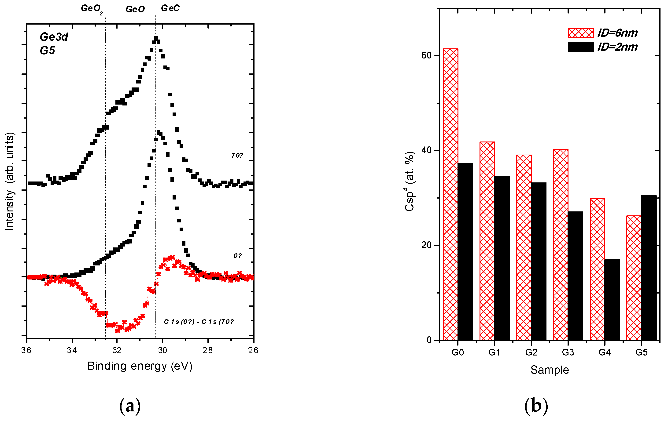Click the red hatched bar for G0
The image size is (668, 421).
(x=450, y=194)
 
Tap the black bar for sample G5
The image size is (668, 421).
(x=649, y=268)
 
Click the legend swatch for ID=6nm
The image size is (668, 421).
(x=580, y=33)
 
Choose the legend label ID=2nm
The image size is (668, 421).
(x=617, y=47)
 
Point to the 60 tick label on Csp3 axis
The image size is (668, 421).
(x=426, y=55)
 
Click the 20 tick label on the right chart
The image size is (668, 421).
(x=426, y=245)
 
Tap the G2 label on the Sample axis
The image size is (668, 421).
(x=531, y=352)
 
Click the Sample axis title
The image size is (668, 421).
(x=549, y=370)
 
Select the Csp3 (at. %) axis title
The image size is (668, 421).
(x=410, y=181)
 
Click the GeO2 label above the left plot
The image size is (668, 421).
(x=92, y=9)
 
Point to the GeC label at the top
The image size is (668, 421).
(x=170, y=8)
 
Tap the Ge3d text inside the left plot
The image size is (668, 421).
(x=54, y=37)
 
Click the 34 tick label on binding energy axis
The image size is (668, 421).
(x=72, y=350)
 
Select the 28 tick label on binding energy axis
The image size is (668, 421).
(x=207, y=350)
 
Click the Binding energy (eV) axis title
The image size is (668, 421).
(x=140, y=366)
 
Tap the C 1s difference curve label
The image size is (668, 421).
(x=199, y=322)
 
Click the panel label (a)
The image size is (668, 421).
(x=130, y=406)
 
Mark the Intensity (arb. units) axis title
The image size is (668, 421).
(x=9, y=181)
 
